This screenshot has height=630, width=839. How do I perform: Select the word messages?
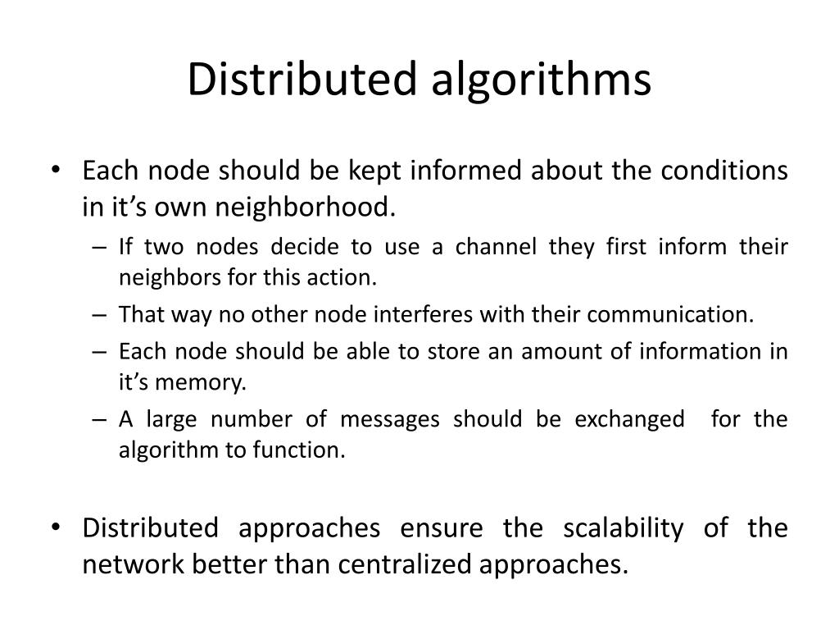[x=389, y=419]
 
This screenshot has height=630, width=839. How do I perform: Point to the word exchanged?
[x=629, y=419]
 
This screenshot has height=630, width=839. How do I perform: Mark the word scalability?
[x=623, y=527]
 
